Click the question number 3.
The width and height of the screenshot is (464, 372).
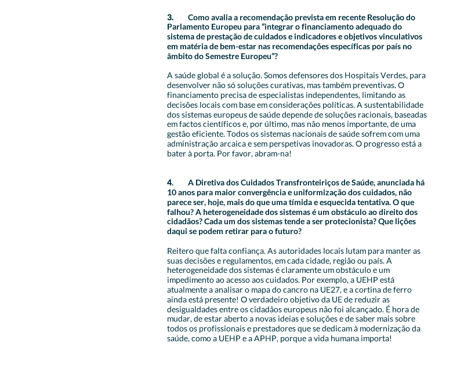point(170,17)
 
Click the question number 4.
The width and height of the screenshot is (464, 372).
point(170,183)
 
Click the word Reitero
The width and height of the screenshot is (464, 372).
point(180,251)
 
